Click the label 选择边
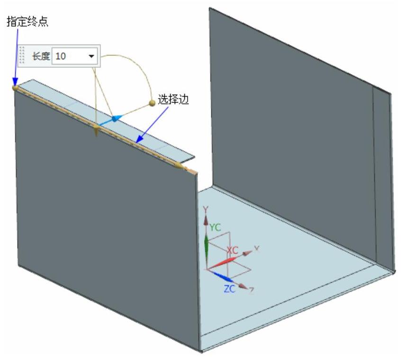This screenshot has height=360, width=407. pos(176,102)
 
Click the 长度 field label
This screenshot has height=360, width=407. pos(40,56)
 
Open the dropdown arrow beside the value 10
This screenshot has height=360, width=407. pos(91,56)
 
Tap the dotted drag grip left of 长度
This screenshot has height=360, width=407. pos(21,56)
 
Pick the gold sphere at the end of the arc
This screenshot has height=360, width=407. pos(152,102)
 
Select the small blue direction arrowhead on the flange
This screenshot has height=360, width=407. pos(115,118)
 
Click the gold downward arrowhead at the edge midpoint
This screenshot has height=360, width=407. pos(96,131)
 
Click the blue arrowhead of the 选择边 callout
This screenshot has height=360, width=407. pos(137,140)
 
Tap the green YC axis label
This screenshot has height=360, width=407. pos(216,227)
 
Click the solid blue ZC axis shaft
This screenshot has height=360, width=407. pos(218,275)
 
